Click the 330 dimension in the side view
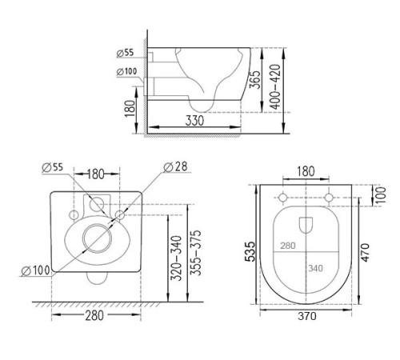pos(194,121)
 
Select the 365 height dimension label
pos(254,79)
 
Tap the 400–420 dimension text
pos(275,87)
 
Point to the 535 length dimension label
pos(250,251)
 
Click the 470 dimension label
pos(366,252)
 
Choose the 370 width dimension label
pos(307,316)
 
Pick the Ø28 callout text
pos(175,167)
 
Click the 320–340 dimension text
pos(177,258)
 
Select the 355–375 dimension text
pos(197,253)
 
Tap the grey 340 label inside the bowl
pos(316,268)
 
